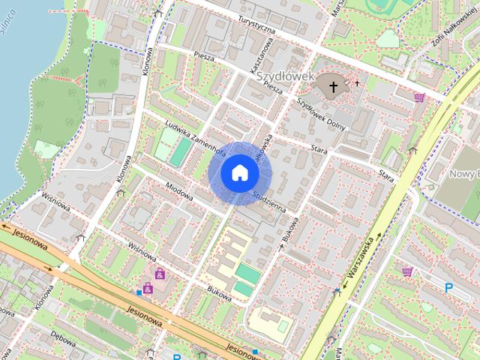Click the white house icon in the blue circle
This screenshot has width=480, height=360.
[x=240, y=172]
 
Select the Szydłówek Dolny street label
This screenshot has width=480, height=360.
[x=321, y=113]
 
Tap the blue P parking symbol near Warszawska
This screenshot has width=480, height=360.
[x=449, y=287]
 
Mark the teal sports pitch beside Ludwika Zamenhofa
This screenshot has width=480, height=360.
[x=179, y=151]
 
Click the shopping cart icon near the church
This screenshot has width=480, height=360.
[x=419, y=97]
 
